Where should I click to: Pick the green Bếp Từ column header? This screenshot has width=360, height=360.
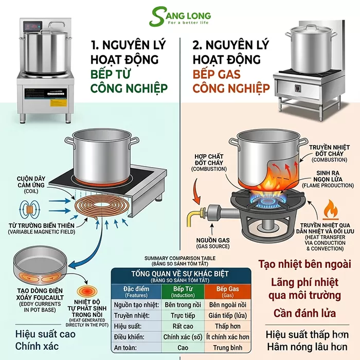click(182, 291)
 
